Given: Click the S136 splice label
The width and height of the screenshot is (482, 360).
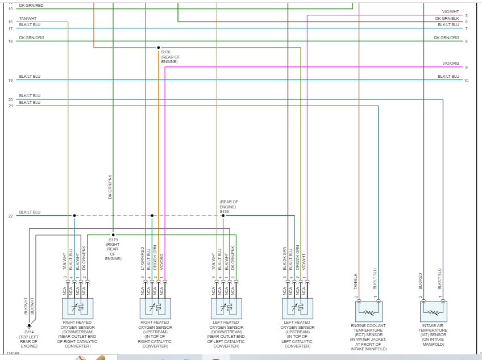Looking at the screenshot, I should (x=166, y=52).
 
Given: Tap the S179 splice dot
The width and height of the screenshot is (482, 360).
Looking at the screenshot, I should (x=113, y=234).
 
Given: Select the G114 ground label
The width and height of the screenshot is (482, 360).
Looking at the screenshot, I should (x=28, y=332).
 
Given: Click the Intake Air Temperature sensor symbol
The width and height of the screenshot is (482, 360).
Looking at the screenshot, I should (x=434, y=311).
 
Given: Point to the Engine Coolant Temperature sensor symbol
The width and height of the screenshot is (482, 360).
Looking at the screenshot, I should (x=368, y=311).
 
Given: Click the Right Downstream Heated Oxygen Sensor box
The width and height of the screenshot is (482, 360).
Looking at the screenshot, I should (x=77, y=309).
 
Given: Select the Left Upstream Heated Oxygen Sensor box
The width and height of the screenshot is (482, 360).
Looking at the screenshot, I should (x=297, y=309).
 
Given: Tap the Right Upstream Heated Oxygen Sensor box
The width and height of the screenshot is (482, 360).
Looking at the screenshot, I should (x=156, y=309).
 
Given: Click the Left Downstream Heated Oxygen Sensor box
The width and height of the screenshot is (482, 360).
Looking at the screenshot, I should (x=226, y=309).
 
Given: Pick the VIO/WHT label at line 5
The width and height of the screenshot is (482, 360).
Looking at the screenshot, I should (x=450, y=12).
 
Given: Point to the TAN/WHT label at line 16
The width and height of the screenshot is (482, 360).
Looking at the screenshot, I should (x=27, y=19).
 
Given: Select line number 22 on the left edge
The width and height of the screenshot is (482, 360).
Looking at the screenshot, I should (x=10, y=216).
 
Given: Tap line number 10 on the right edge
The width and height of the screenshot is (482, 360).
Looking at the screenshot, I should (x=466, y=80).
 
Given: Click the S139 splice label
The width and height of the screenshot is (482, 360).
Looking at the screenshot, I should (x=224, y=211).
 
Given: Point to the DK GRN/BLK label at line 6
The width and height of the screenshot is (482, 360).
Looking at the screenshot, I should (x=447, y=19).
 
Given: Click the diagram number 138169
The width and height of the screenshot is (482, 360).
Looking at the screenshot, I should (x=13, y=353).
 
